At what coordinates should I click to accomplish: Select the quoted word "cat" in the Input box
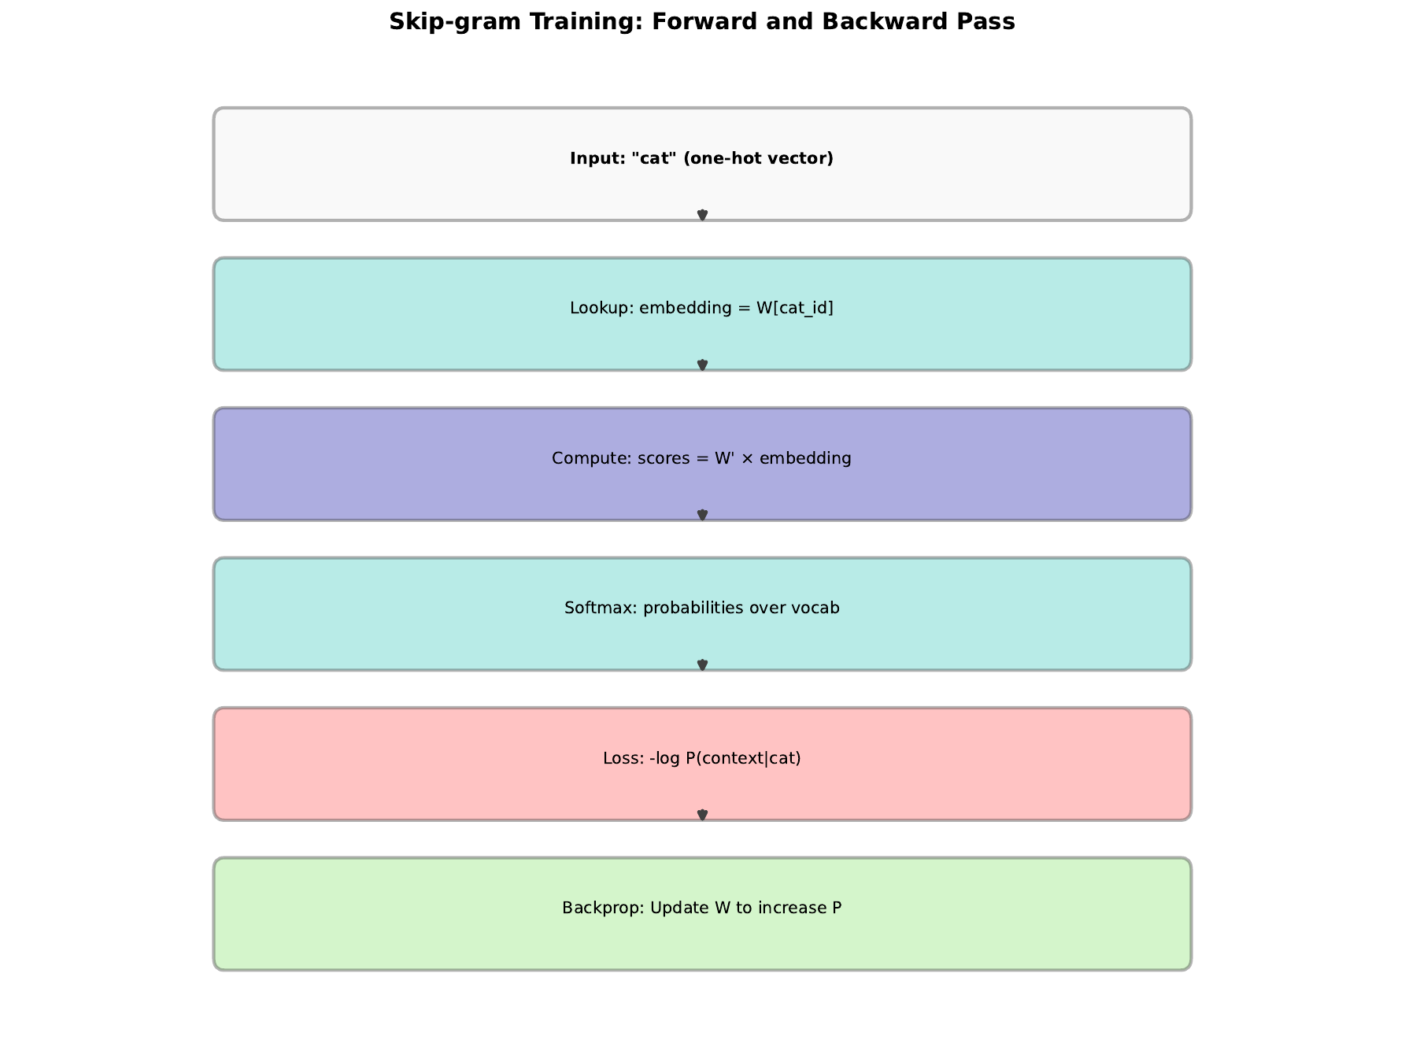pyautogui.click(x=653, y=159)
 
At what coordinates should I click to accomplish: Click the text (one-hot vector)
pyautogui.click(x=758, y=159)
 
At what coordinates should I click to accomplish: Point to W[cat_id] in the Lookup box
pyautogui.click(x=794, y=309)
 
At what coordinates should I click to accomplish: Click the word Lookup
pyautogui.click(x=600, y=309)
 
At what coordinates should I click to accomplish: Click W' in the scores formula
pyautogui.click(x=724, y=458)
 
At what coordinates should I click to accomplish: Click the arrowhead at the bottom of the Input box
pyautogui.click(x=702, y=216)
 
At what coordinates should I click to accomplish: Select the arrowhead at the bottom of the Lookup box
pyautogui.click(x=702, y=365)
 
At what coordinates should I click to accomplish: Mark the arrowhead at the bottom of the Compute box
pyautogui.click(x=702, y=516)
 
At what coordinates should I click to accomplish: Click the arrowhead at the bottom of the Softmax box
pyautogui.click(x=702, y=665)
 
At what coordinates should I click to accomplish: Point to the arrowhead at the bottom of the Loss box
pyautogui.click(x=702, y=816)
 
